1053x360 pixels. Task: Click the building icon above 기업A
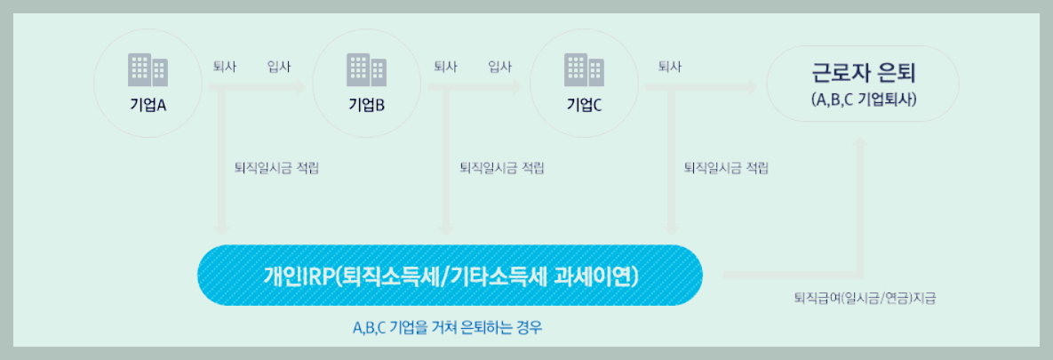148,68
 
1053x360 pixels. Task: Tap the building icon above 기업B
366,68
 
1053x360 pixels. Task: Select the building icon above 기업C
584,68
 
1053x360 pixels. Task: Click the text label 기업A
148,104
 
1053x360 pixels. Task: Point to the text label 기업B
366,104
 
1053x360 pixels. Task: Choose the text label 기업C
584,104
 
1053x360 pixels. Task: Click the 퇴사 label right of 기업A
225,67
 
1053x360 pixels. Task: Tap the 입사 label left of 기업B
279,67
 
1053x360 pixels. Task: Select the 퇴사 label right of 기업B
445,67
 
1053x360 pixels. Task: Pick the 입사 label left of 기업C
500,67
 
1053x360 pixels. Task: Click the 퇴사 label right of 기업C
669,67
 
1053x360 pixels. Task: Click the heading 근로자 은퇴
863,72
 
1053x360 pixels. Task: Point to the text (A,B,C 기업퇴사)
863,100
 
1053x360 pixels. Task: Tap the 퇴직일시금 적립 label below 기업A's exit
275,167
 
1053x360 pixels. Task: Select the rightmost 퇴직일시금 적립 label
726,167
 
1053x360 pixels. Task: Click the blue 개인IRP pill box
450,276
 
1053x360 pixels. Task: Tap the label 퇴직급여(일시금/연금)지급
864,299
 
